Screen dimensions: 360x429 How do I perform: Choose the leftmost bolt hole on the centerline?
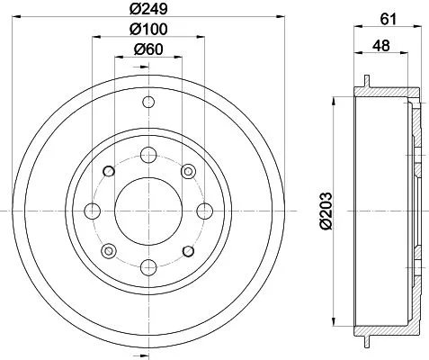tap(91, 211)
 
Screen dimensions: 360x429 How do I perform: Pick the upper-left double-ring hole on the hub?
tap(108, 171)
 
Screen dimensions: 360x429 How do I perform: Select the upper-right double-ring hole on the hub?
tap(187, 171)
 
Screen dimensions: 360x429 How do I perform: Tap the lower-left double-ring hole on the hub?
tap(108, 250)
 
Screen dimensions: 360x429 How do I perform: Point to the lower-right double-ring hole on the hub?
tap(187, 250)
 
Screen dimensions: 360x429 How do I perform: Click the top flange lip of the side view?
tap(369, 83)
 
